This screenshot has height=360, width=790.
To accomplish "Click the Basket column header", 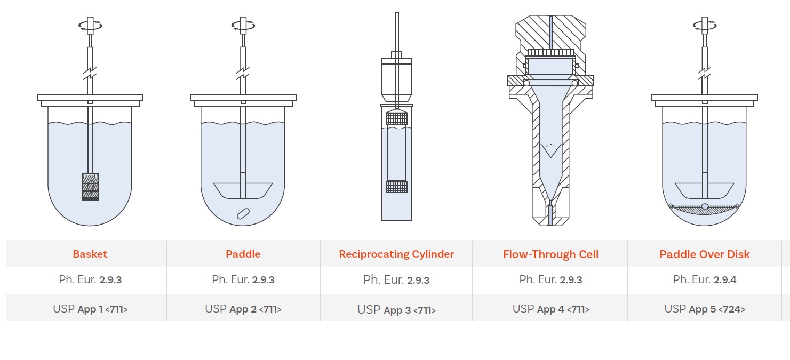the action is (90, 254).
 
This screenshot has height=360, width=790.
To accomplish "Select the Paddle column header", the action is (243, 254).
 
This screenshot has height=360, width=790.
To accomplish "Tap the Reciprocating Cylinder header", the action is (396, 254).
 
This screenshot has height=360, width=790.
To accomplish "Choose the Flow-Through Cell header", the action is (550, 254).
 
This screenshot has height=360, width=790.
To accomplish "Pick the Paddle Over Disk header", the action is (704, 254).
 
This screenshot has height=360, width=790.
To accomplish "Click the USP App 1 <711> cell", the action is (90, 309).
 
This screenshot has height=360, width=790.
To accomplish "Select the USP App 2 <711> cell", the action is (243, 309).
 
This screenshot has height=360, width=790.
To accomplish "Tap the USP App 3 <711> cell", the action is (396, 310).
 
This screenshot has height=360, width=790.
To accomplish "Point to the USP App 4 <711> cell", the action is (550, 309).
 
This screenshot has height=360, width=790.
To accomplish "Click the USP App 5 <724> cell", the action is (705, 309).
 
